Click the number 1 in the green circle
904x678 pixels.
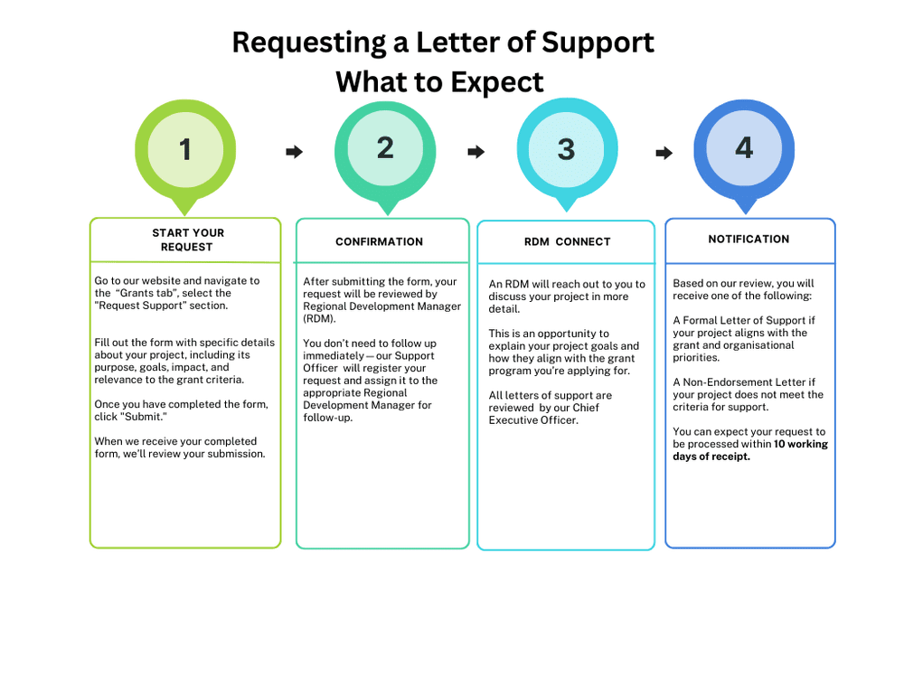point(185,150)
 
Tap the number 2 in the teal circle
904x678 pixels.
point(385,148)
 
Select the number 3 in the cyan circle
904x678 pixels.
point(566,150)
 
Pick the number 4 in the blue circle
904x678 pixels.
point(744,148)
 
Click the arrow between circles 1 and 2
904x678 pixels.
point(294,152)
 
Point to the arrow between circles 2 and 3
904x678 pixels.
point(476,152)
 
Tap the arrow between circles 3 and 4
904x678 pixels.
point(664,153)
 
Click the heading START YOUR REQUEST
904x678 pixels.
point(188,240)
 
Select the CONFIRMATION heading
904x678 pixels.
point(380,242)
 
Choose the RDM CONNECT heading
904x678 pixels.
point(568,242)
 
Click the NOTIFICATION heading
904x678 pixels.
point(749,240)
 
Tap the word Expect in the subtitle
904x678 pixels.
point(497,83)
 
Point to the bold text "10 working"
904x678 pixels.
point(801,444)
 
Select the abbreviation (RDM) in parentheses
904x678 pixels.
point(319,319)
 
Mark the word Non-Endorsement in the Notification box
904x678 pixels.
point(728,382)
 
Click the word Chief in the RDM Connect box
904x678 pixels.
point(586,408)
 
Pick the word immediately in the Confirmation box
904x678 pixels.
point(334,355)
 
